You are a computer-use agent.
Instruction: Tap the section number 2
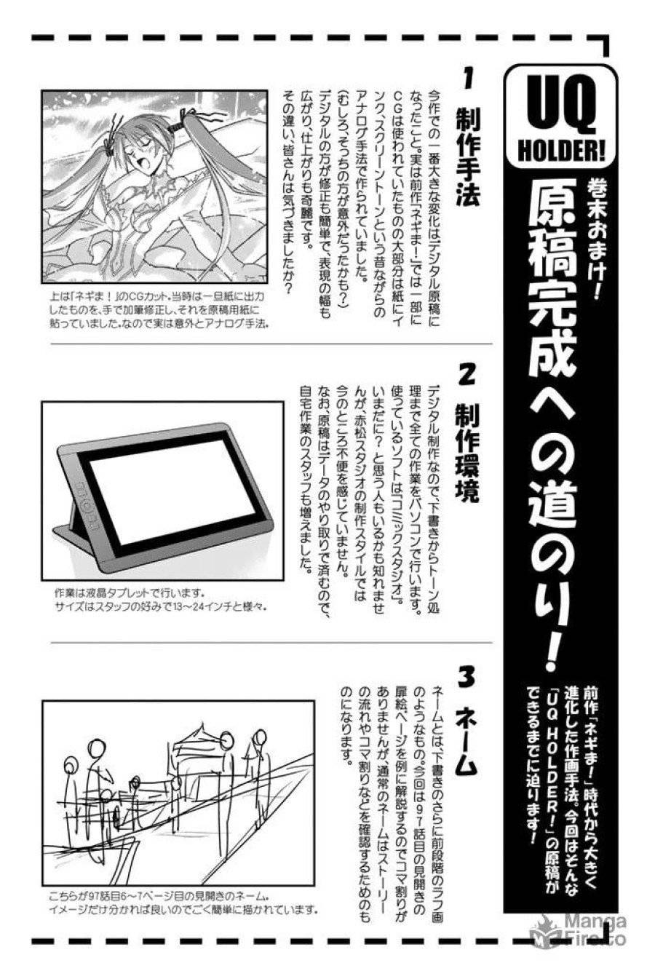[467, 376]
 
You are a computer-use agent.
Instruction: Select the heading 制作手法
[467, 156]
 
